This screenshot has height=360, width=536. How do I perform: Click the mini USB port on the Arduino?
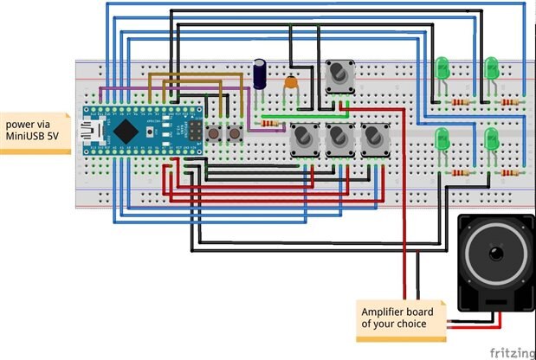pyautogui.click(x=90, y=132)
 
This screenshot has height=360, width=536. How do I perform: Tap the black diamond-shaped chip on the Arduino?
pyautogui.click(x=127, y=132)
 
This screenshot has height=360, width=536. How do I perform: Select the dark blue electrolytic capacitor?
pyautogui.click(x=260, y=74)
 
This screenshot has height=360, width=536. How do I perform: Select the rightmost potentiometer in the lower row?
pyautogui.click(x=373, y=138)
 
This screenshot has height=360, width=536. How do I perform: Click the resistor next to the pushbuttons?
pyautogui.click(x=271, y=124)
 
